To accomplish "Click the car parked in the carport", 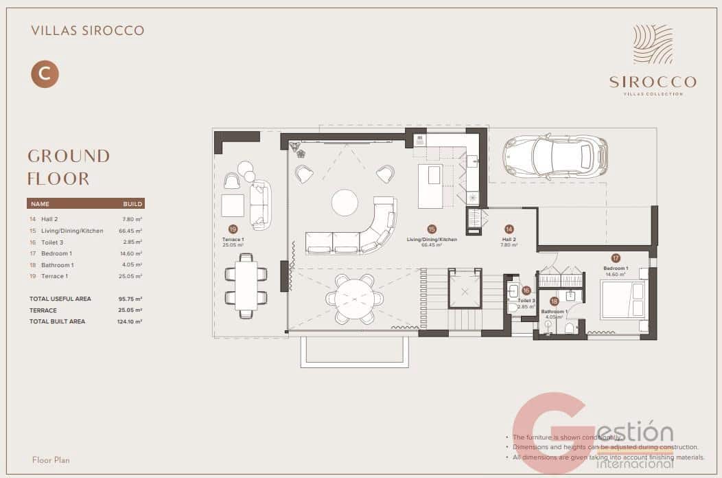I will (555, 156).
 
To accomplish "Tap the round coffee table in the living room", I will (345, 203).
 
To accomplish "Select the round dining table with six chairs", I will (355, 298).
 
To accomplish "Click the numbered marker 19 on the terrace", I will (233, 229).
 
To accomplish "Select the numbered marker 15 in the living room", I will (432, 229).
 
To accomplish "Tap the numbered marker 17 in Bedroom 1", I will (616, 258).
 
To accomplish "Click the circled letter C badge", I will (45, 74).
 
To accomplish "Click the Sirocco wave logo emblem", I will (653, 44).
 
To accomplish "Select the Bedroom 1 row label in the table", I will (56, 253).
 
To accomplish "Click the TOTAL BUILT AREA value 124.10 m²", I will (129, 321).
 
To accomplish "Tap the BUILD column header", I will (132, 204).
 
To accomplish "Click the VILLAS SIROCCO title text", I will (88, 31).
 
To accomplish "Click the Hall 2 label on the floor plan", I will (509, 240).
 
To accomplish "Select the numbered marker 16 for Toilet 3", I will (526, 291).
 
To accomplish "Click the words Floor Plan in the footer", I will (51, 459).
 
